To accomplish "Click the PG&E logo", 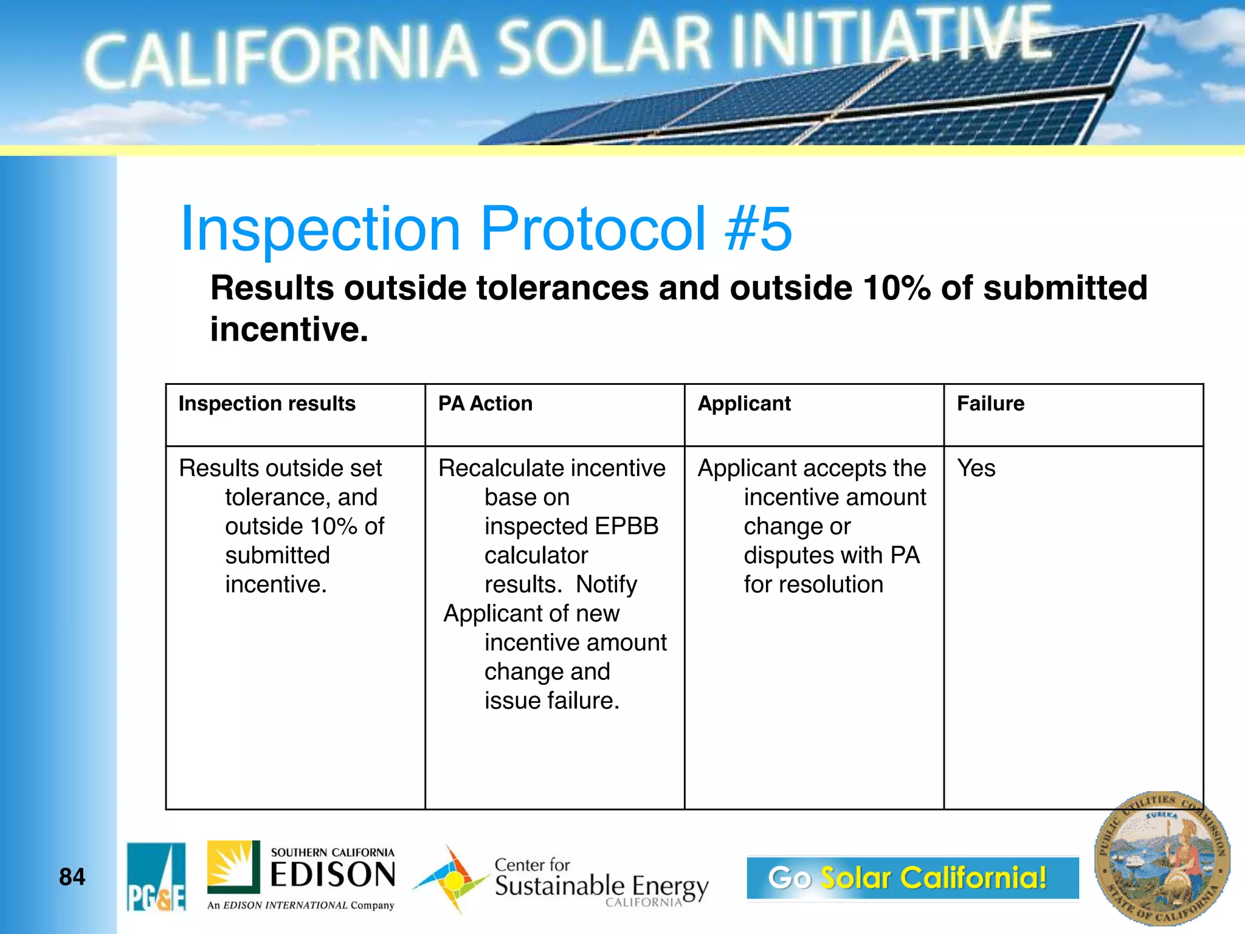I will [x=156, y=876].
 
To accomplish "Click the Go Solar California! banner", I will [x=912, y=877].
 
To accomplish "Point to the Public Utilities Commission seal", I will [x=1162, y=859].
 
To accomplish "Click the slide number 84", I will [x=72, y=877].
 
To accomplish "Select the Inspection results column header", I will [x=267, y=404].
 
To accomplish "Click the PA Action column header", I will [x=485, y=404].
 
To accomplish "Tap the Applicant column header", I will [x=744, y=404].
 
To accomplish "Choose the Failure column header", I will [x=990, y=404].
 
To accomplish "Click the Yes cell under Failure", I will [x=976, y=468].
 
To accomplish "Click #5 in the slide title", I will [x=759, y=229].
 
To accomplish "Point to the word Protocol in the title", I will [x=593, y=229].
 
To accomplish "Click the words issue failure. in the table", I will [x=552, y=700].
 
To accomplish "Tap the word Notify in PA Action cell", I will [x=606, y=584].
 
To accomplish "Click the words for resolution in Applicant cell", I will [x=813, y=584].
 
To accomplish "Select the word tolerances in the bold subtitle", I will [x=562, y=288].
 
